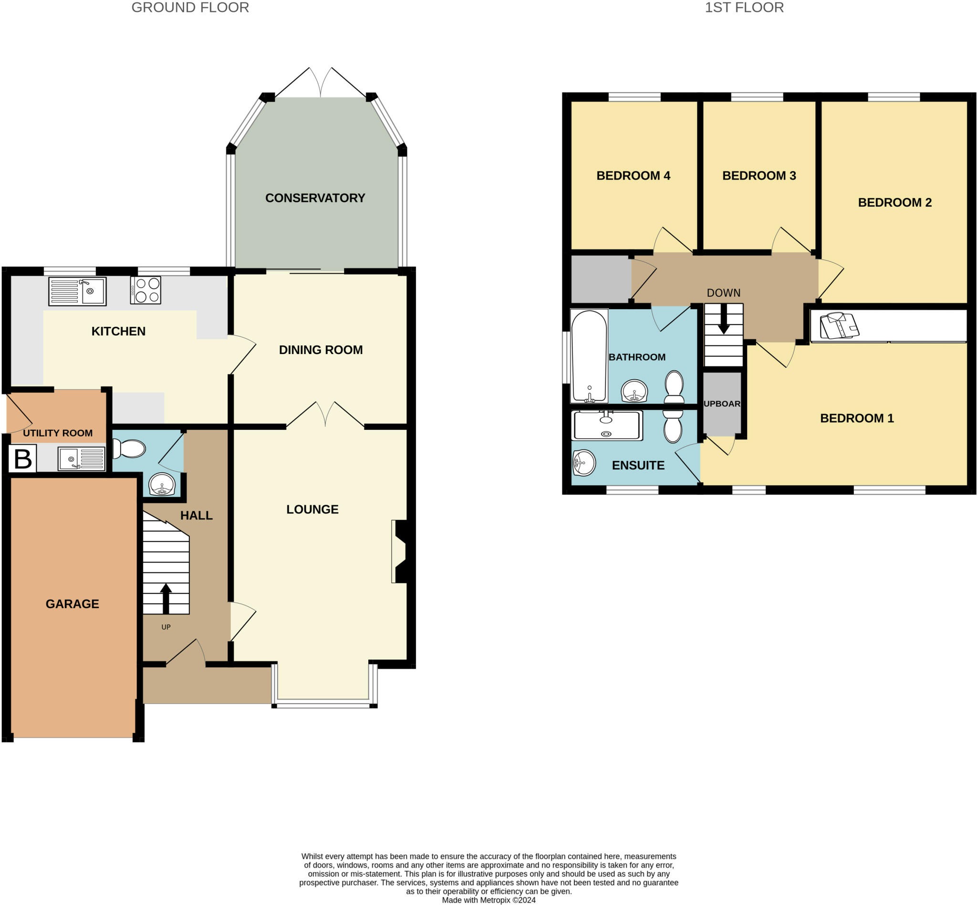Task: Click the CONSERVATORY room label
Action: coord(315,198)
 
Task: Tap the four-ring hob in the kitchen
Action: coord(146,291)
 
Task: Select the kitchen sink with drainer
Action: coord(77,291)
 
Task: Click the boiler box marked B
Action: coord(22,459)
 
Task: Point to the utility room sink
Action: coord(81,459)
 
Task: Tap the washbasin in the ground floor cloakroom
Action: coord(162,484)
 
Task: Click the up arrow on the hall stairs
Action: coord(166,598)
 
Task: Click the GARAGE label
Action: coord(73,604)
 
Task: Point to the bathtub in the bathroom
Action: coord(589,356)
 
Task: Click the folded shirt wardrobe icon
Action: coord(840,325)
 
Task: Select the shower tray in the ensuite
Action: coord(607,425)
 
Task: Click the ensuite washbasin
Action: coord(584,463)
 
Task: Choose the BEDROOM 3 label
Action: coord(759,175)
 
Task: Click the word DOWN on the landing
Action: coord(723,293)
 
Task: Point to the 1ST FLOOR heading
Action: coord(744,7)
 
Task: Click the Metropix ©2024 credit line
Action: coord(489,900)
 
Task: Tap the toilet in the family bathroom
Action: coord(675,387)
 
